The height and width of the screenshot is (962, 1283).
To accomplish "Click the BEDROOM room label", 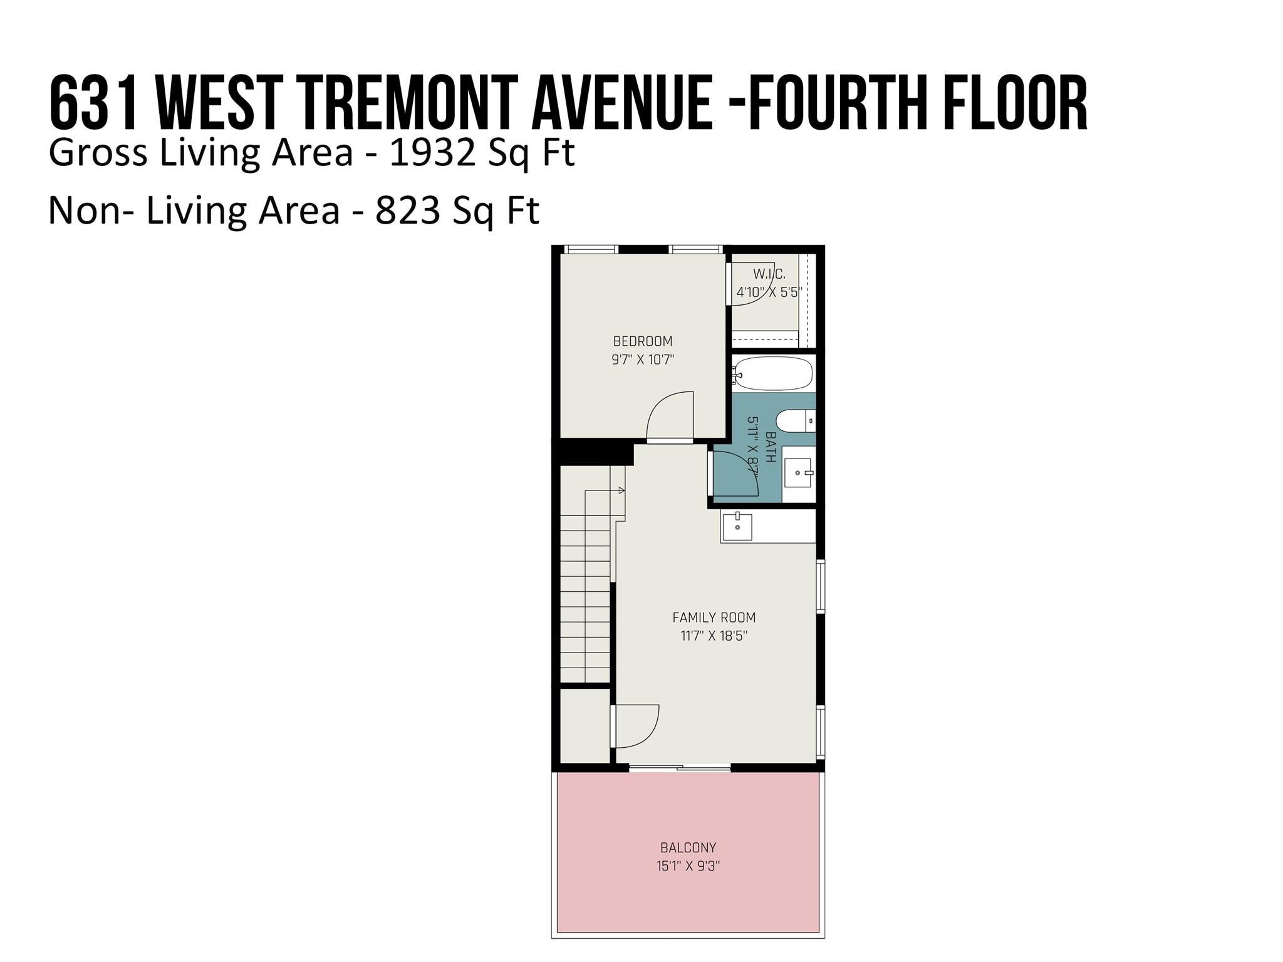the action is [x=643, y=341].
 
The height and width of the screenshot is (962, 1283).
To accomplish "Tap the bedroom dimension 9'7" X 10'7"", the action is [x=643, y=359].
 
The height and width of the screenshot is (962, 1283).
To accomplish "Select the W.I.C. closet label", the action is [x=769, y=274].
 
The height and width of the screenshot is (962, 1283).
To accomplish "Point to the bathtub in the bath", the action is [x=774, y=373].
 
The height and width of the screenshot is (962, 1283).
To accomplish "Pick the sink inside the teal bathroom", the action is [x=798, y=473].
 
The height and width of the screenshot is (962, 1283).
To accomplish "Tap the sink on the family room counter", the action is [x=737, y=527].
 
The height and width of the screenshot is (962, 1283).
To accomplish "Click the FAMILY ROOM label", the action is [x=714, y=618].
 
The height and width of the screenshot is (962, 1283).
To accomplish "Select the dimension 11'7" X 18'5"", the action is [x=714, y=636].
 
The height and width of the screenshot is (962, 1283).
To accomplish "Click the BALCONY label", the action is [x=688, y=848].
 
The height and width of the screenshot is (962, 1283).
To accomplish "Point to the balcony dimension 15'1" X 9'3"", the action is [x=688, y=867].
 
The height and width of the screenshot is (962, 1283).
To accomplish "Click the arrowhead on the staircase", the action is [x=621, y=490].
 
